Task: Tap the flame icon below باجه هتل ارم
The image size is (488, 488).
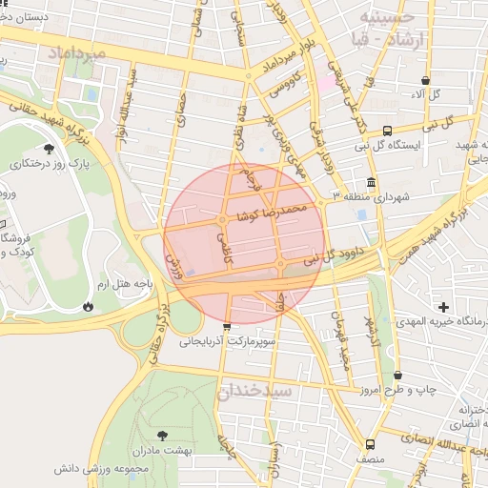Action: (88, 307)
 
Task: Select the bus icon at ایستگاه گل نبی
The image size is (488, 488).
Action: (387, 132)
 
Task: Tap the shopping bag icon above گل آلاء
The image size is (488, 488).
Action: (424, 81)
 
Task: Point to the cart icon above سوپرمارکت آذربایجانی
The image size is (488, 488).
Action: (226, 327)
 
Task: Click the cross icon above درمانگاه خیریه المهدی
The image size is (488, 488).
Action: (443, 307)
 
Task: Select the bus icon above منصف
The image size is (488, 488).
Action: (371, 444)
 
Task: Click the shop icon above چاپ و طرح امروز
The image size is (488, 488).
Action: (397, 376)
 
